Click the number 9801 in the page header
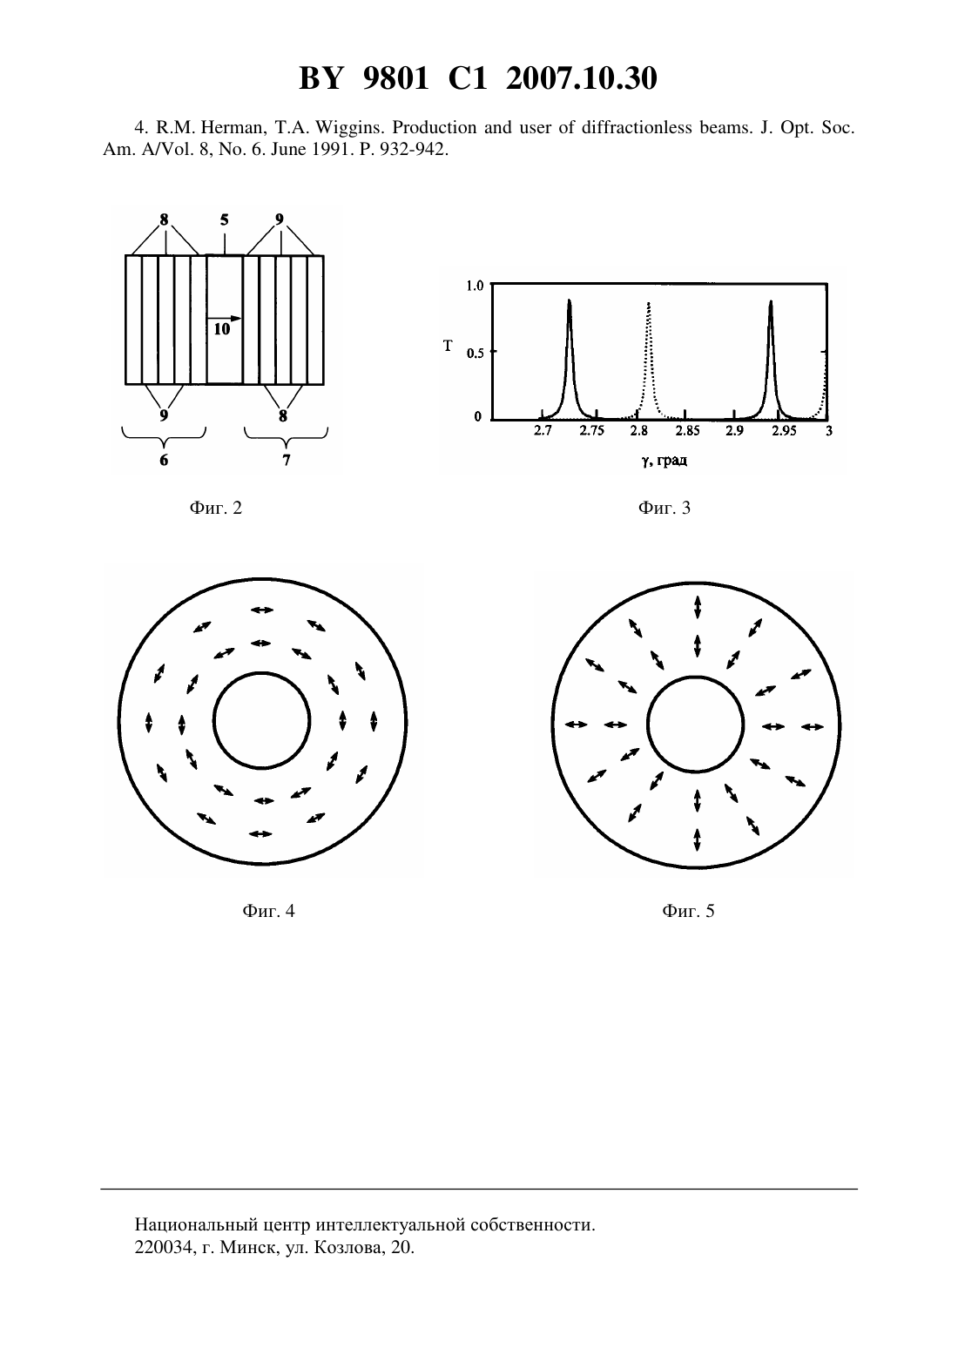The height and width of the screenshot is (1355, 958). pos(395,78)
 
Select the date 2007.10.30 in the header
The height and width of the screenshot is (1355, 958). pos(581,78)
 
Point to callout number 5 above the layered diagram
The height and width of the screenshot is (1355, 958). pos(225,219)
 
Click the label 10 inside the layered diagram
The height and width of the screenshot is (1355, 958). pos(222,329)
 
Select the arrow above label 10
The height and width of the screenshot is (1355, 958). pos(225,318)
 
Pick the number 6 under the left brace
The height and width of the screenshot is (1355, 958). pos(164,461)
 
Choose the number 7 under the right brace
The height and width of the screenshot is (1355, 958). pos(286,461)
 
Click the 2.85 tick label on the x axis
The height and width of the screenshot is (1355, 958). pos(688,431)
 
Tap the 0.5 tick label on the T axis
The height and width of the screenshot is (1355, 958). pos(476,354)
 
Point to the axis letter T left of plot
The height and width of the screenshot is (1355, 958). pos(448,346)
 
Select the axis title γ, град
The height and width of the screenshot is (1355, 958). pos(664,461)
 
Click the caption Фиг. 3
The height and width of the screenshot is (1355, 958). pos(664,508)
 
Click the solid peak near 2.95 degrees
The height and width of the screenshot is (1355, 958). pos(771,361)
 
